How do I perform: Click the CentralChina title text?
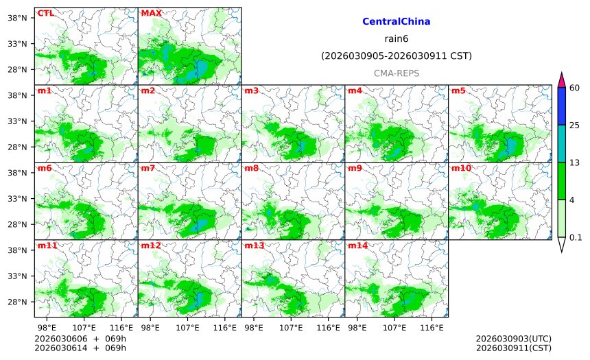click(396, 22)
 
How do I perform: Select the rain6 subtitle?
click(397, 39)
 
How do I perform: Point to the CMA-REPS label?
click(397, 73)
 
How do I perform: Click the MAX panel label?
click(151, 13)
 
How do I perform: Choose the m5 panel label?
click(458, 91)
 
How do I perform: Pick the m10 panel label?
click(461, 168)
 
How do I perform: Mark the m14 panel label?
click(357, 245)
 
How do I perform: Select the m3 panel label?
click(251, 91)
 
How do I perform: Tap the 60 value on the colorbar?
click(575, 88)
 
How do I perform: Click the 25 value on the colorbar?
click(575, 125)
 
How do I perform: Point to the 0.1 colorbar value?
click(576, 238)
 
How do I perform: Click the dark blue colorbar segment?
click(561, 106)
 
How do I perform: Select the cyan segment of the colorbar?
click(561, 143)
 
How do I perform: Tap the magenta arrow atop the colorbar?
click(561, 80)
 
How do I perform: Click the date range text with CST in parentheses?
click(397, 56)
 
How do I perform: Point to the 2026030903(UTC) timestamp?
click(513, 339)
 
